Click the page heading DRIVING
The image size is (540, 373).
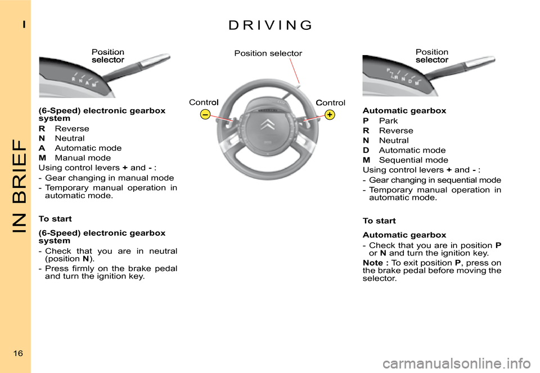pos(270,25)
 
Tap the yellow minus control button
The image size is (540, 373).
pos(206,115)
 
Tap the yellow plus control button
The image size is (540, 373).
pos(330,115)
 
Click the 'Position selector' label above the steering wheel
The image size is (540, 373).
pos(268,53)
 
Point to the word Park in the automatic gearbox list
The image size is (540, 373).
pos(388,121)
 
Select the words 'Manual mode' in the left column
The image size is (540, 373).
pos(83,158)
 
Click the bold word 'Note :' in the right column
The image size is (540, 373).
pos(376,263)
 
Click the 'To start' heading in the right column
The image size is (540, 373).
pos(379,221)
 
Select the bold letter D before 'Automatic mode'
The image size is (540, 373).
pos(366,150)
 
